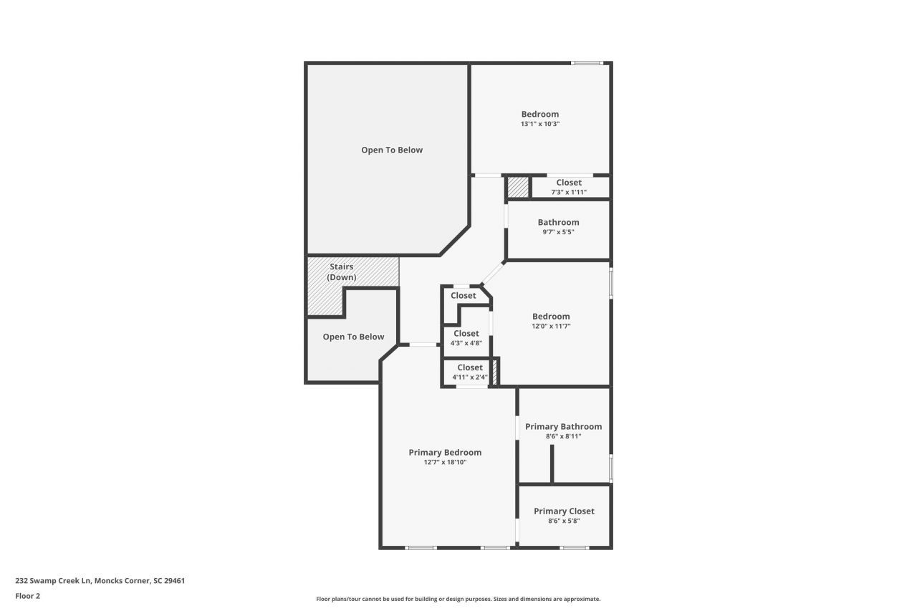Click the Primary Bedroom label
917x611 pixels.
pos(445,452)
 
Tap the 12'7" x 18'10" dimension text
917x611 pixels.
pos(445,462)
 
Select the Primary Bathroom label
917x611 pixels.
pos(563,426)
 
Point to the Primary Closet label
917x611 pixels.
pos(564,511)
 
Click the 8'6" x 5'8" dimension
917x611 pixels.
pos(564,521)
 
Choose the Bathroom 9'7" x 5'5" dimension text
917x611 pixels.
pos(558,232)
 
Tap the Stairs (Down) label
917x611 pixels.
pos(342,271)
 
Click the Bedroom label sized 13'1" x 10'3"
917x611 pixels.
pos(539,114)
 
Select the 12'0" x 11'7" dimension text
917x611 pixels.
pos(551,326)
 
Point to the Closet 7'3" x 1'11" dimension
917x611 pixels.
pos(569,192)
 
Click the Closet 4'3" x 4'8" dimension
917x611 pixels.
pos(466,343)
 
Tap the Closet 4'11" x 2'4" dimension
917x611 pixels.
pos(470,377)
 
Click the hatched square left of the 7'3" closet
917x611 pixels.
pos(518,187)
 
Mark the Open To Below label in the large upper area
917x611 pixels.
pos(392,150)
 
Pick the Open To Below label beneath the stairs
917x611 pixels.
pos(353,337)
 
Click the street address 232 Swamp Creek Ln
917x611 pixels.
pos(100,581)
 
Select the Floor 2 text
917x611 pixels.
pos(28,595)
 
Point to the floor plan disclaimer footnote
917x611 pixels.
pos(458,599)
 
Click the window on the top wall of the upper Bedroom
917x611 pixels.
pos(586,64)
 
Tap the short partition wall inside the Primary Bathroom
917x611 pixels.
pos(552,464)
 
